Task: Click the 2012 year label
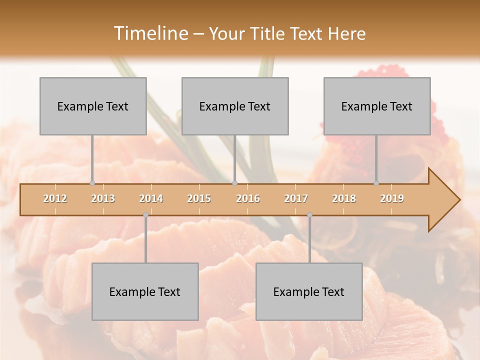[x=55, y=198]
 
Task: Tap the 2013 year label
[x=103, y=198]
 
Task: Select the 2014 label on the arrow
[x=151, y=198]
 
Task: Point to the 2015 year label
[x=199, y=198]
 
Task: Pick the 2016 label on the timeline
[x=248, y=198]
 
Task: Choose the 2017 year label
[x=296, y=198]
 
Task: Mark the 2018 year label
[x=344, y=198]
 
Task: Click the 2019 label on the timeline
[x=392, y=198]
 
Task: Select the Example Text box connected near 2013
[x=93, y=106]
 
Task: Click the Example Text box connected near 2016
[x=235, y=106]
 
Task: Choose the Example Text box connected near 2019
[x=377, y=106]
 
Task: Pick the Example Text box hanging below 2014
[x=145, y=291]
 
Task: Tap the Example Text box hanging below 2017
[x=309, y=291]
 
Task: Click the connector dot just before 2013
[x=92, y=183]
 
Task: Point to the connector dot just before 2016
[x=234, y=183]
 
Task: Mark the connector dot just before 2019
[x=376, y=183]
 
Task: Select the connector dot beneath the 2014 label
[x=145, y=215]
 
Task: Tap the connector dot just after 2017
[x=309, y=215]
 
